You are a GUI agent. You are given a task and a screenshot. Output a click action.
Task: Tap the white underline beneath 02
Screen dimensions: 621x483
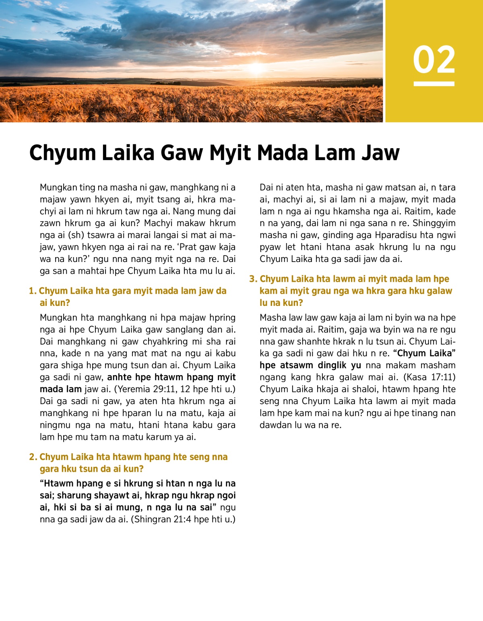point(434,84)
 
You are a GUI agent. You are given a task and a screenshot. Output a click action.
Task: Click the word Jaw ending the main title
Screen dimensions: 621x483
point(380,153)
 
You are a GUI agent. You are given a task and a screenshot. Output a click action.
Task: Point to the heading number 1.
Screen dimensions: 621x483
point(32,291)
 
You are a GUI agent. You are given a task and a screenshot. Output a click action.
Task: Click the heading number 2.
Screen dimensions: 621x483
point(33,457)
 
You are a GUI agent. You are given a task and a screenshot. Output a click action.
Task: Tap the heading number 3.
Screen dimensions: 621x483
point(253,279)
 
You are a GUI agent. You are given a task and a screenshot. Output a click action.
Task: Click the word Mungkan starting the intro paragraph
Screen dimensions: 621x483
point(58,187)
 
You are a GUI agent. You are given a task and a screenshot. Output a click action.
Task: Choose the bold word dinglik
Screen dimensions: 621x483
point(332,365)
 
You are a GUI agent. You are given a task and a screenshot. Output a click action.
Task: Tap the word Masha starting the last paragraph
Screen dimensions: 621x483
point(272,318)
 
